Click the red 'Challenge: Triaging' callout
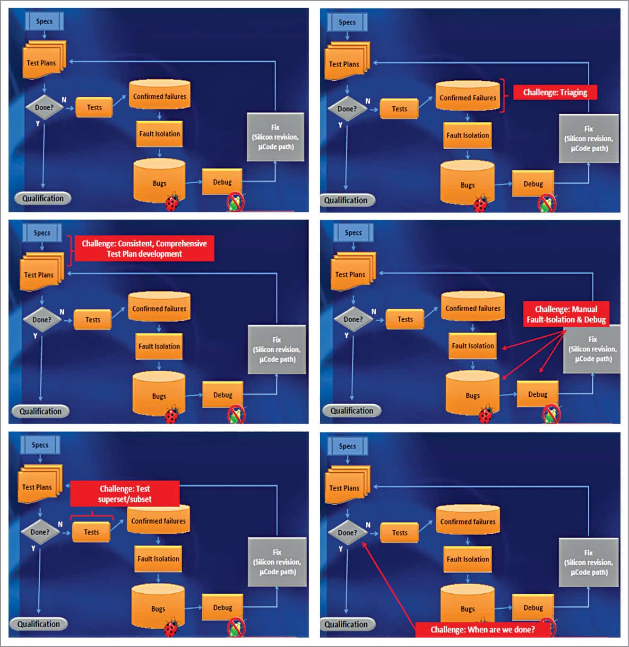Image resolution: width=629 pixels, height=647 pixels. coord(555,93)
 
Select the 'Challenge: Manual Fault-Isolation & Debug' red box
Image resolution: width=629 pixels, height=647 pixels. coord(566,315)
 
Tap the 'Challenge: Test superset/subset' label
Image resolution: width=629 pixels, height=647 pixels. coord(125,494)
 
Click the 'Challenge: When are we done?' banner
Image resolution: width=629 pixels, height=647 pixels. coord(483,630)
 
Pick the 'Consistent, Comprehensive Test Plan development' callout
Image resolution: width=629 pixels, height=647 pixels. coord(144,248)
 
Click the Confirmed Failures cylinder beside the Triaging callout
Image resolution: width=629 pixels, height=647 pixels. coord(467,97)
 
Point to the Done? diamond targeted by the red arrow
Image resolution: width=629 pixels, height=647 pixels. coord(347,533)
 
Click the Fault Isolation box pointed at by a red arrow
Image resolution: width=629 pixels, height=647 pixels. coord(472,346)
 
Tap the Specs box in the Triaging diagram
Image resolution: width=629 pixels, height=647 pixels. coord(347,22)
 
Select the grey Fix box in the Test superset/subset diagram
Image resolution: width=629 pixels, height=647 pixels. coord(277,562)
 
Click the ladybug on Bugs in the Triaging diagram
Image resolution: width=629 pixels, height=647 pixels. coord(482,204)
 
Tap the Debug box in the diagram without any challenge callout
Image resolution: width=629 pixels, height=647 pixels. coord(222,182)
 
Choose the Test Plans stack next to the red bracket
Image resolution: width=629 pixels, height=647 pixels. coord(41,273)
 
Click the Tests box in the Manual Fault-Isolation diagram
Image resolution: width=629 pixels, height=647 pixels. coord(405,319)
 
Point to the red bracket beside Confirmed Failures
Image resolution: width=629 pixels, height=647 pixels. coord(503,95)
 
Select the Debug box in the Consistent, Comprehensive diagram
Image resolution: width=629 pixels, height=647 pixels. coord(223,395)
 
